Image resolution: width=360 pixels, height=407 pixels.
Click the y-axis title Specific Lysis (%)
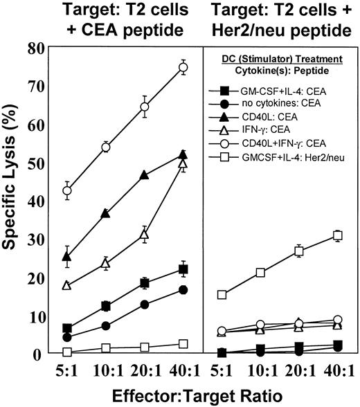pyautogui.click(x=15, y=201)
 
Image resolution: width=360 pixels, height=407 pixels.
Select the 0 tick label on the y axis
pyautogui.click(x=36, y=354)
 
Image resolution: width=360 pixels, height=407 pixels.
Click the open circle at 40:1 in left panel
pyautogui.click(x=184, y=67)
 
